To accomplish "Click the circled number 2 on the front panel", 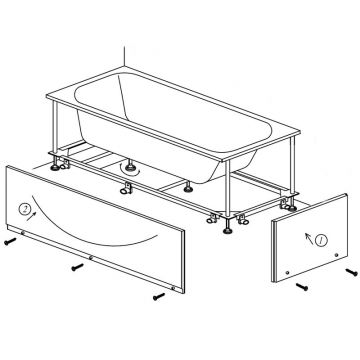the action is pyautogui.click(x=24, y=209).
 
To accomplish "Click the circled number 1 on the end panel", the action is pyautogui.click(x=321, y=240).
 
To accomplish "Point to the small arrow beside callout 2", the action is pyautogui.click(x=31, y=217).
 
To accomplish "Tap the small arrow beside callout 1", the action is pyautogui.click(x=309, y=238).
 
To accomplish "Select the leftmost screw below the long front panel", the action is pyautogui.click(x=10, y=241).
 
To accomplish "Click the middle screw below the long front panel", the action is pyautogui.click(x=77, y=267).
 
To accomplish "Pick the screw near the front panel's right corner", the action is pyautogui.click(x=159, y=296).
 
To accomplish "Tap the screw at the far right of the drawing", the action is pyautogui.click(x=351, y=272).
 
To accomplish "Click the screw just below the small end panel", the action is pyautogui.click(x=302, y=286).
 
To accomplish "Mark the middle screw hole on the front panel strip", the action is pyautogui.click(x=91, y=257).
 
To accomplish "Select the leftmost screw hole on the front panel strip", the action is pyautogui.click(x=23, y=233).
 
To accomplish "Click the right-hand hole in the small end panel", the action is pyautogui.click(x=336, y=255).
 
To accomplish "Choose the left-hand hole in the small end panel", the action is pyautogui.click(x=288, y=273).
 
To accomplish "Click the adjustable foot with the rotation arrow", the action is pyautogui.click(x=129, y=166).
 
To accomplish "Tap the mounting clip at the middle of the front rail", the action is pyautogui.click(x=126, y=188).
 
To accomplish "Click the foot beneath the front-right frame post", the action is pyautogui.click(x=228, y=230).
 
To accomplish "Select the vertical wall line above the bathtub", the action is pyautogui.click(x=124, y=56).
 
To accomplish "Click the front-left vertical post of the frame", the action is pyautogui.click(x=55, y=127).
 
